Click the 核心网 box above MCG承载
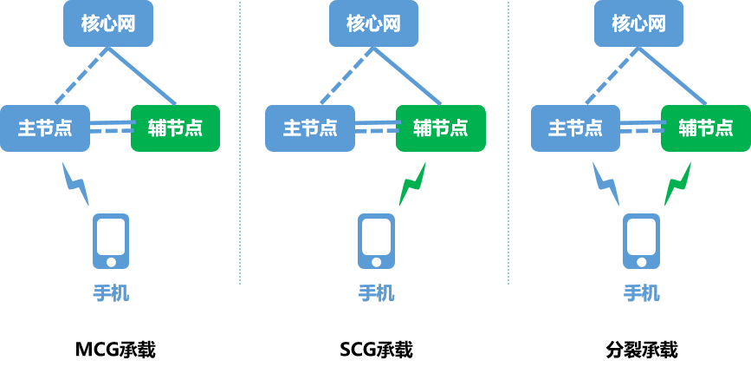108,23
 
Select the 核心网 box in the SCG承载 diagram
373,23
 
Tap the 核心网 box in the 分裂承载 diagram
638,23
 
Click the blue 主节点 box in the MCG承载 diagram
44,128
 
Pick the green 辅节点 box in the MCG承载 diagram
175,128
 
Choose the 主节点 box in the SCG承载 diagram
309,128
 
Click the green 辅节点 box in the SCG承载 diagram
440,128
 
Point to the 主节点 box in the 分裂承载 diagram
574,128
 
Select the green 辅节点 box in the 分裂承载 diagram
705,128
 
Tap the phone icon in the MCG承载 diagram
111,241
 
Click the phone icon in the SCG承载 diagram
376,241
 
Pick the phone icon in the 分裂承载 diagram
641,241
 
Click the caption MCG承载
115,350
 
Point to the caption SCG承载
376,350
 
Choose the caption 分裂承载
641,350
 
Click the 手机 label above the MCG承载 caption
111,293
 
